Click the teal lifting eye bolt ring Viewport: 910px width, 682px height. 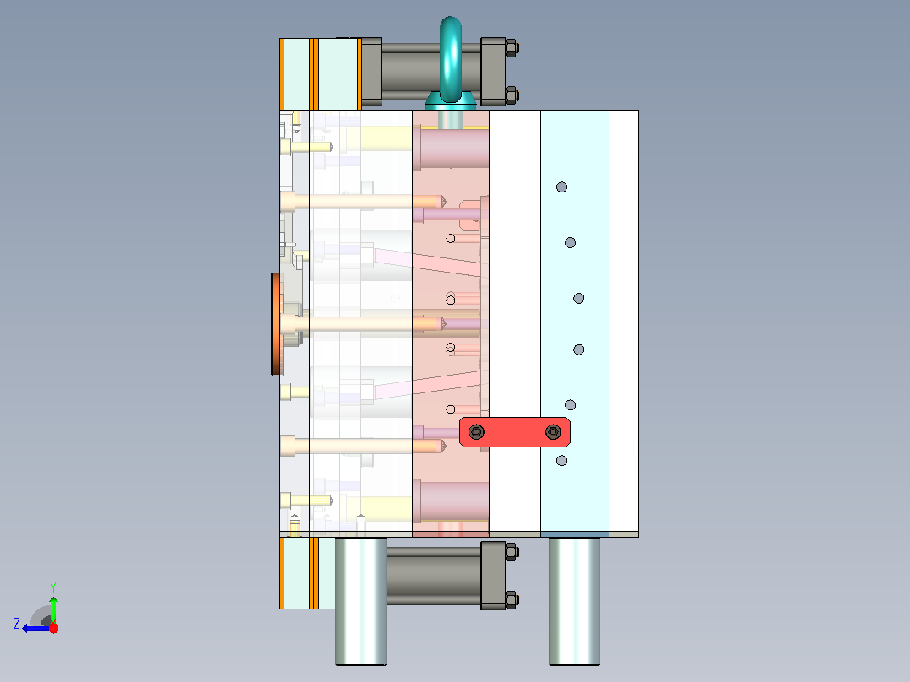pos(451,58)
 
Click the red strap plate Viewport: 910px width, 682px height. pos(515,432)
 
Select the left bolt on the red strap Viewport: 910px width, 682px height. pos(476,432)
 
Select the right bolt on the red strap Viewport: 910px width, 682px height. pos(553,432)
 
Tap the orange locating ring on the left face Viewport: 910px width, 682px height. pos(276,324)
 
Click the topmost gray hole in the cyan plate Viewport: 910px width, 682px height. pos(561,187)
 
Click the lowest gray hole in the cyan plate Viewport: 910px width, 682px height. pos(561,461)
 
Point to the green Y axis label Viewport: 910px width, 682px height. pos(53,587)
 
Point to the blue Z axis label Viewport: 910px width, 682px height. pos(17,624)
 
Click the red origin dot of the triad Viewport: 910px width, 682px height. pos(53,628)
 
